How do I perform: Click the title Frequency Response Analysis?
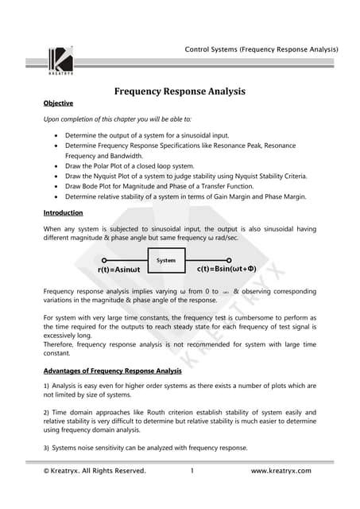click(180, 91)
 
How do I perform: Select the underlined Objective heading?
click(58, 103)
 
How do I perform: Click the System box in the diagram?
click(166, 260)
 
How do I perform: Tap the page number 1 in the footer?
click(192, 471)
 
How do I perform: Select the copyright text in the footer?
click(95, 471)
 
